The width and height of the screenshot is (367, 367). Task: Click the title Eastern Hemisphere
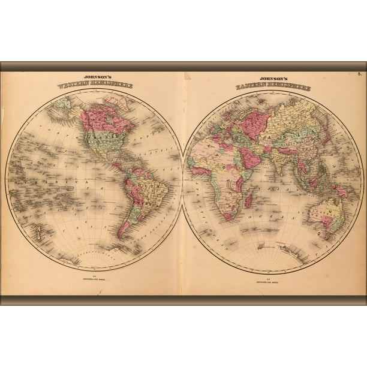pos(273,86)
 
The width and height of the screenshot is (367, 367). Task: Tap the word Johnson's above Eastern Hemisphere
pos(273,79)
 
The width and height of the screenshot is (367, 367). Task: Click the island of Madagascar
pos(249,200)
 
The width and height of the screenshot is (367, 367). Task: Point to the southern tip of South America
pos(121,236)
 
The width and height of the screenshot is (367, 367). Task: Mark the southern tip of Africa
pos(228,218)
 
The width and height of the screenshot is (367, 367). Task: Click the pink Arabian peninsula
pos(251,158)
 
